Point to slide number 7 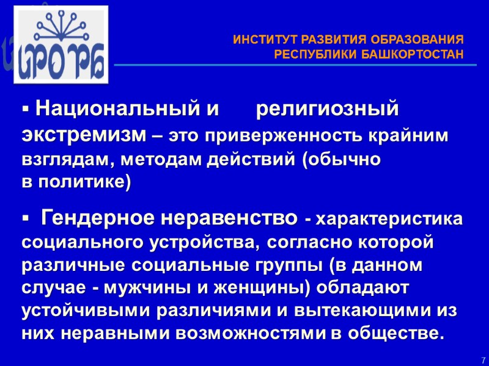483,361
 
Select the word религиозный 326,111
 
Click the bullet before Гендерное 26,218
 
